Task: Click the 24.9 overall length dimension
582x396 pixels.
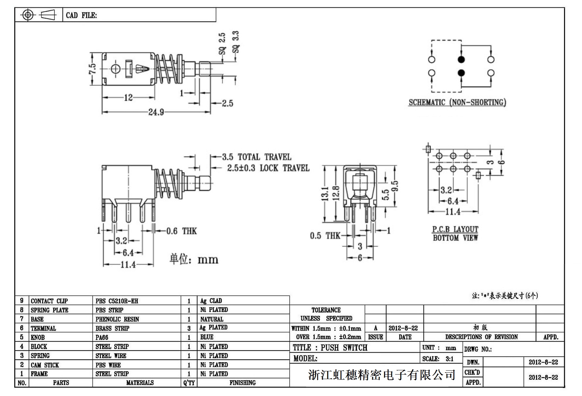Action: point(156,112)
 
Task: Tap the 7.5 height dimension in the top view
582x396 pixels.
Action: point(93,69)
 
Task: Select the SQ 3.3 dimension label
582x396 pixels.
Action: point(236,42)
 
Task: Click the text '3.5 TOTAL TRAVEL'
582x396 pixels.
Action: point(256,157)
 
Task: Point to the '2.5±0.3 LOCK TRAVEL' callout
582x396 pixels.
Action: point(268,168)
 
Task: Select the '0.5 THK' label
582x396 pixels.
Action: point(325,236)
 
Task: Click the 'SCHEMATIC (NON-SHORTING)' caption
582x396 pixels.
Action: point(457,102)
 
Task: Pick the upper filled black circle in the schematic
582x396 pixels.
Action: point(461,59)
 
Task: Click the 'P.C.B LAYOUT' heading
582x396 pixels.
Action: point(455,229)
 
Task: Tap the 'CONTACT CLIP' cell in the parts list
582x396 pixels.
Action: point(49,301)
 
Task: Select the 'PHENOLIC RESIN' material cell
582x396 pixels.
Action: point(117,319)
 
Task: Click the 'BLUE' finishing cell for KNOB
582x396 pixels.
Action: point(207,337)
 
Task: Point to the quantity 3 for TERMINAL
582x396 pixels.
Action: point(189,328)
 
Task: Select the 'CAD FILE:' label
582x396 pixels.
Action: point(81,15)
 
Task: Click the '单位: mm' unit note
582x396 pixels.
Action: point(194,259)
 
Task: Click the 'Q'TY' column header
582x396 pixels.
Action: point(189,383)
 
